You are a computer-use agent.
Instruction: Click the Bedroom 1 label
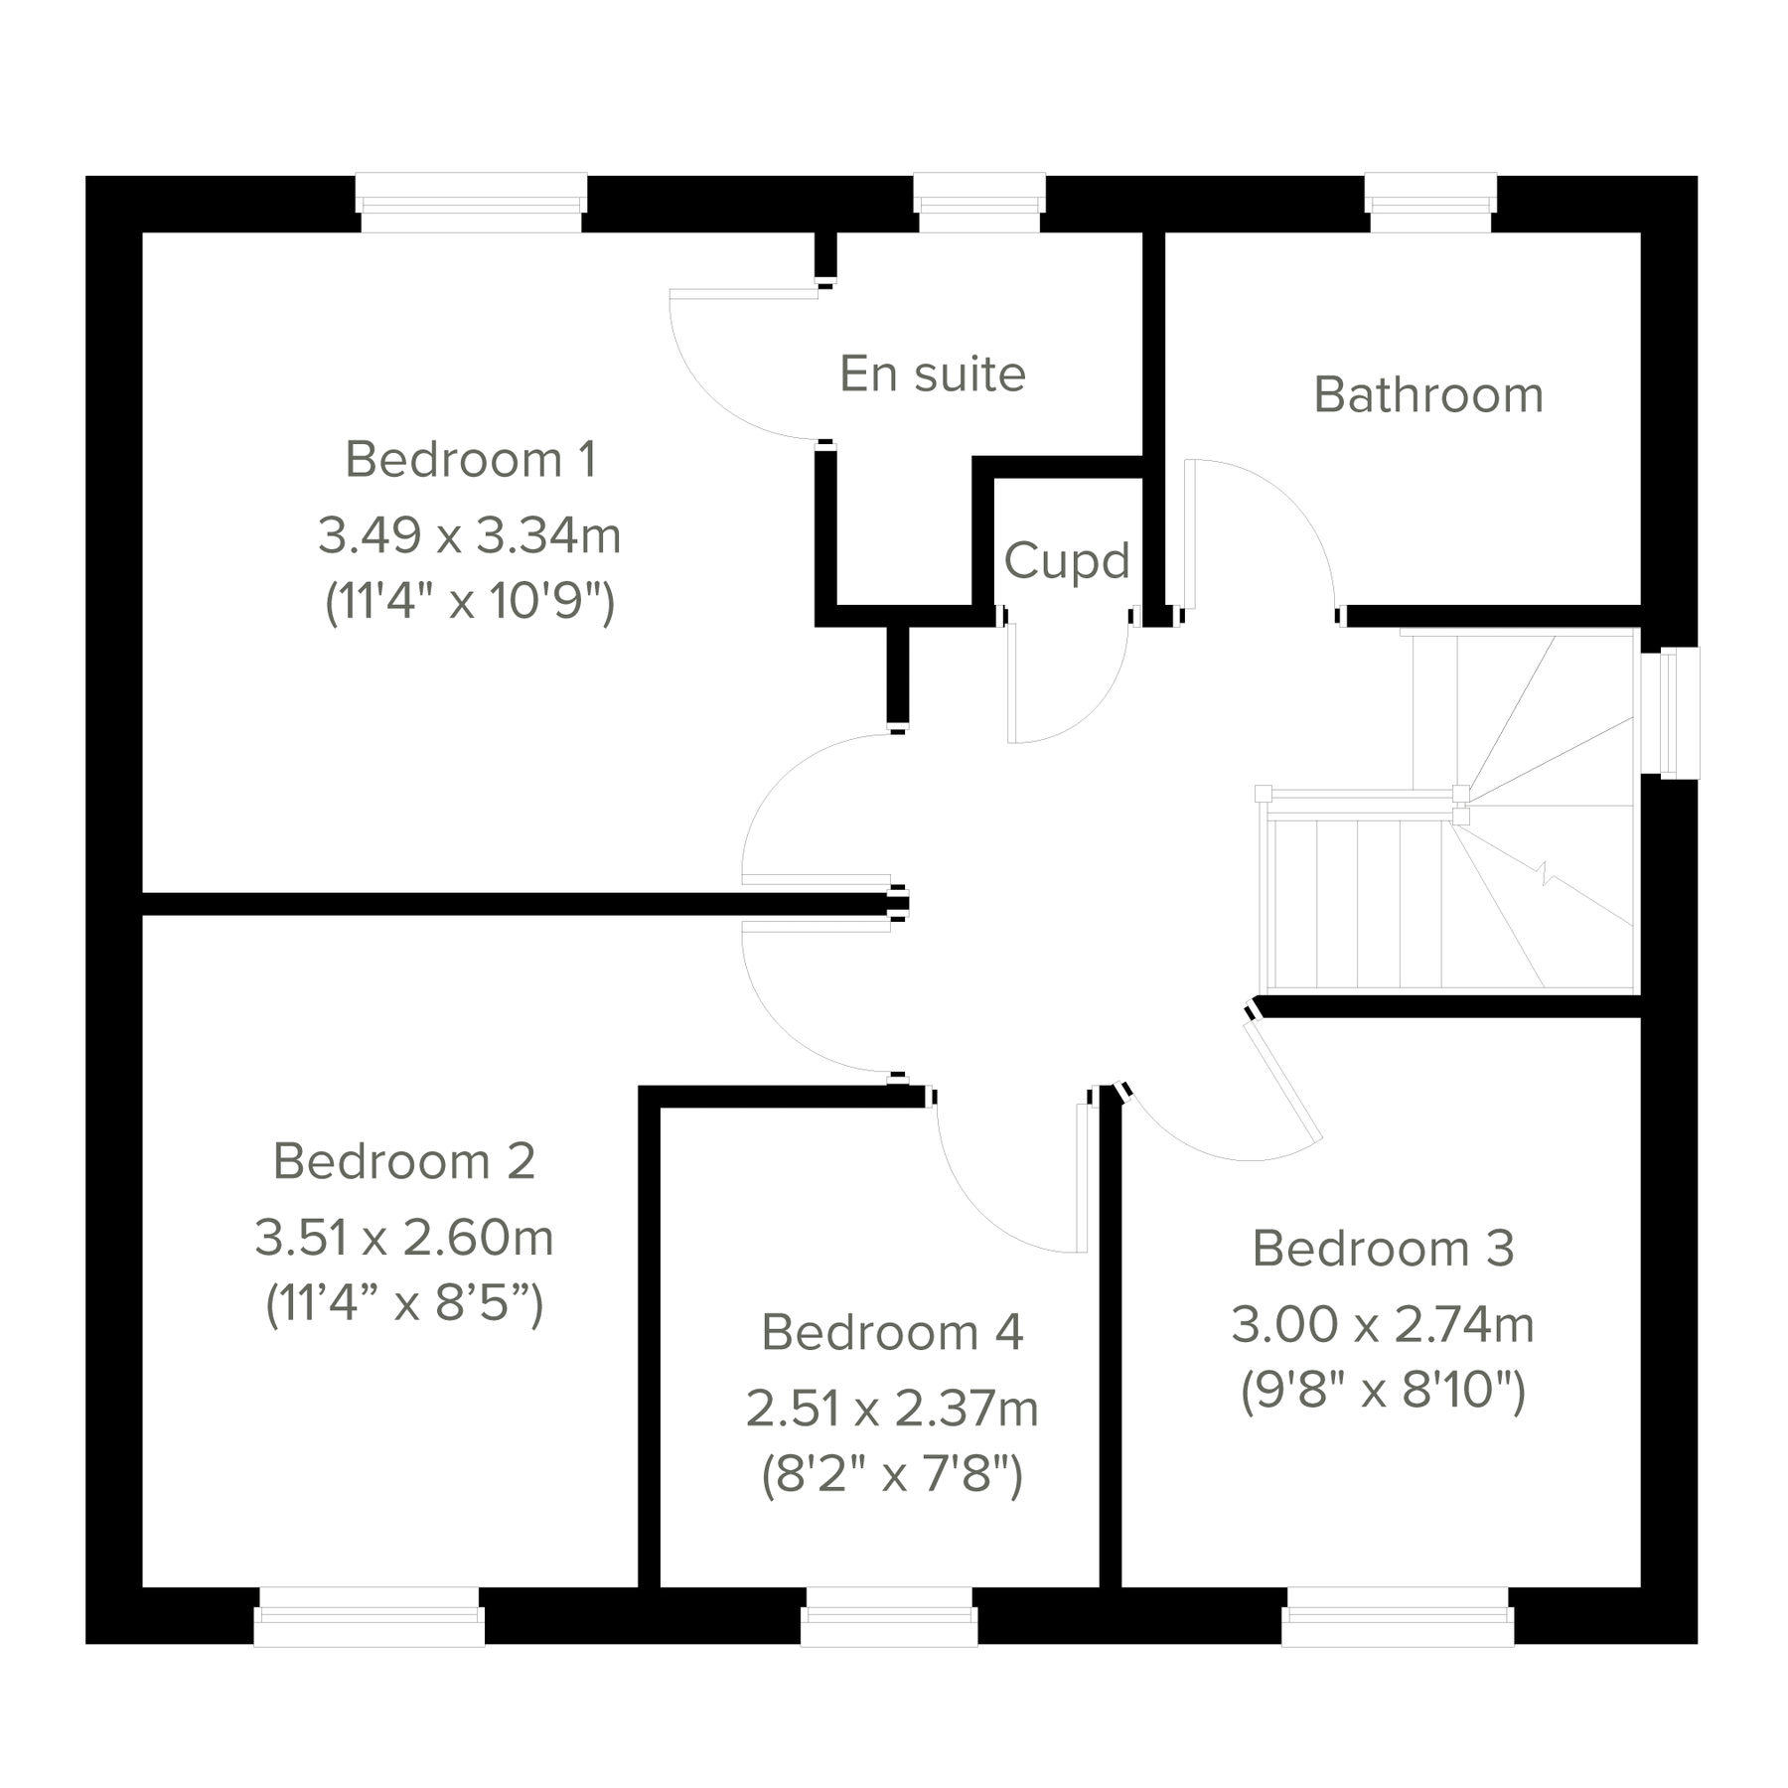[471, 460]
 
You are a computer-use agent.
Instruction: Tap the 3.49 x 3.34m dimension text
[470, 535]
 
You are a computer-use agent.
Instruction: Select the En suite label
[933, 374]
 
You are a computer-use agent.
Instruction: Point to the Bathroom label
[1428, 395]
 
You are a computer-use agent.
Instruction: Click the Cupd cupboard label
[1067, 561]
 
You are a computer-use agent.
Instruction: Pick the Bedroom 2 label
[404, 1161]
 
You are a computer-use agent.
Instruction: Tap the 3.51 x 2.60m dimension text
[404, 1238]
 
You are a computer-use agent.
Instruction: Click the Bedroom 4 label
[892, 1332]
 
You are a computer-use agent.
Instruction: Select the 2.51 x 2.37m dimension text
[892, 1409]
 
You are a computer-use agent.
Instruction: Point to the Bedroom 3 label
[1383, 1249]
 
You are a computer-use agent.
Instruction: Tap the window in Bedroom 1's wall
[471, 204]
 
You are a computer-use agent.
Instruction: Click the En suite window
[979, 204]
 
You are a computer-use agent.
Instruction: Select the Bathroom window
[1430, 204]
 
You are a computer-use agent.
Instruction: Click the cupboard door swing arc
[1093, 710]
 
